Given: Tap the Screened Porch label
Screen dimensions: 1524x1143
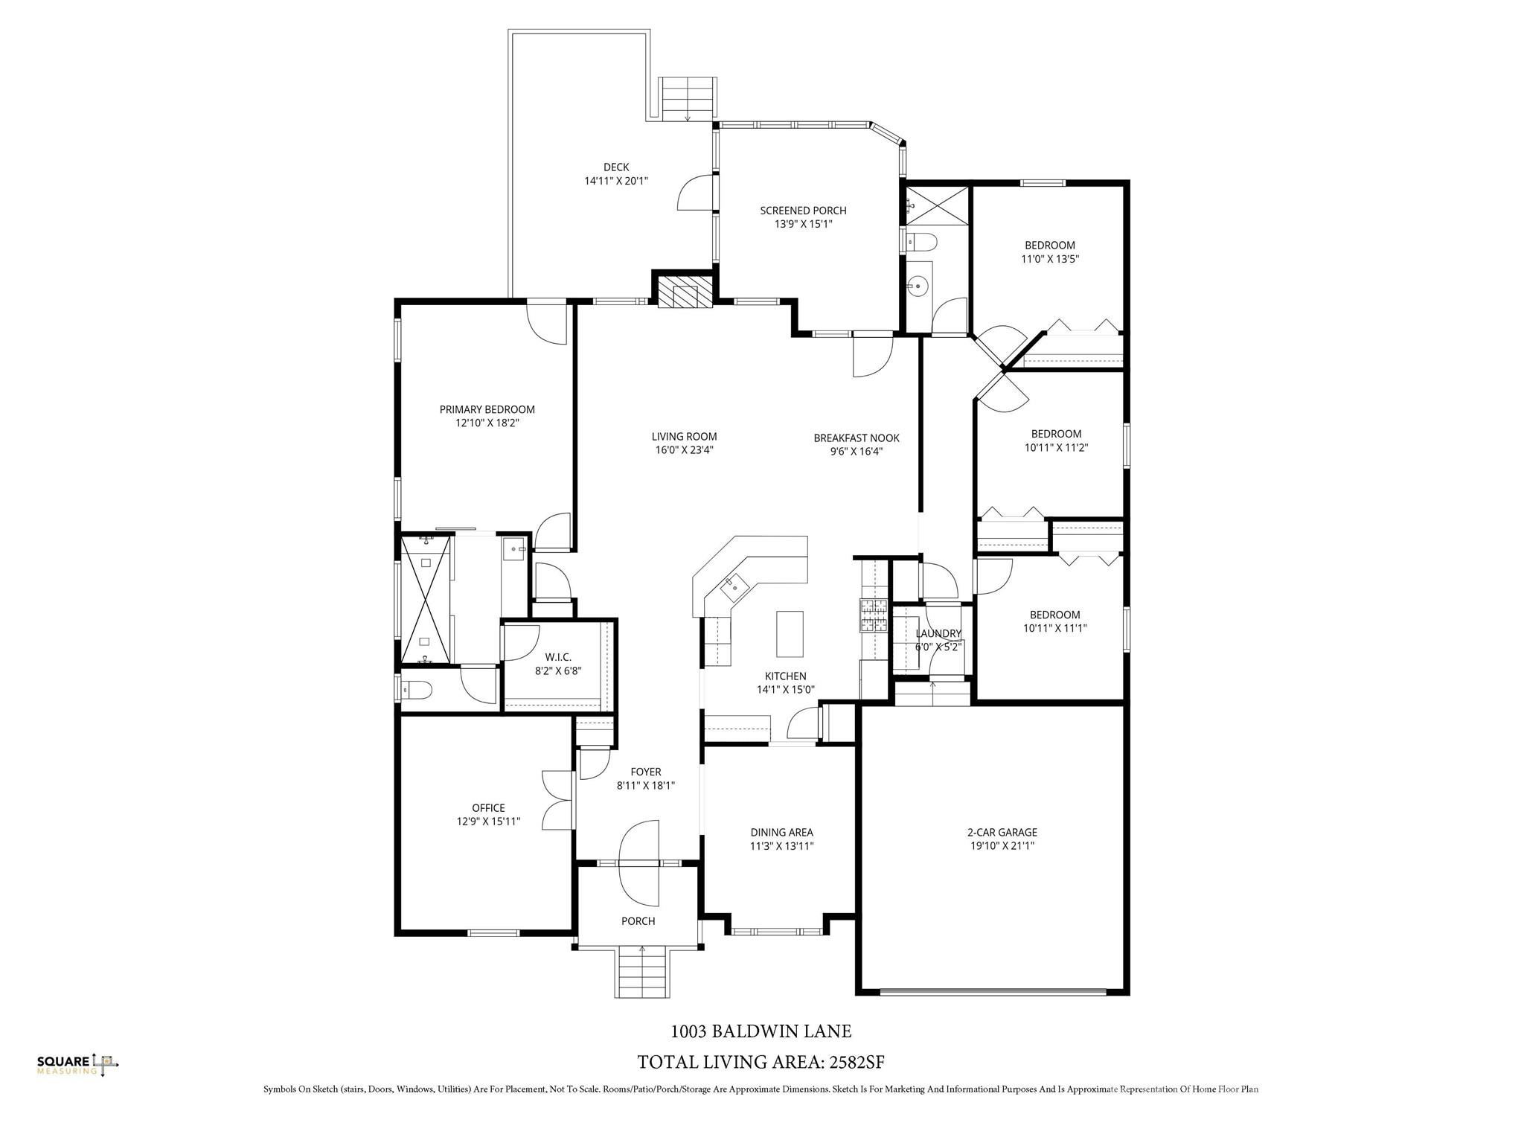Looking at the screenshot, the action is (x=803, y=211).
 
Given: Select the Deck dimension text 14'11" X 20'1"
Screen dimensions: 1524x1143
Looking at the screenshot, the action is (x=616, y=181).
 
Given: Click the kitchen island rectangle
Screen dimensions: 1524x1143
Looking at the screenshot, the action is (x=790, y=633).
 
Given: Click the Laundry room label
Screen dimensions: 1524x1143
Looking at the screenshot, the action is (x=938, y=633).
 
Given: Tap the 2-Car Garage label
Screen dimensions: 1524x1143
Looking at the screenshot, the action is (x=1002, y=833).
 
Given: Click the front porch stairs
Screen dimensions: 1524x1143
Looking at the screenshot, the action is (x=642, y=972).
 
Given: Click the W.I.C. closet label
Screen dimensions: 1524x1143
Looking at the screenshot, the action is (x=557, y=657).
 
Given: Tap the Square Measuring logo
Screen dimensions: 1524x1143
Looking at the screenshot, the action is (x=78, y=1065).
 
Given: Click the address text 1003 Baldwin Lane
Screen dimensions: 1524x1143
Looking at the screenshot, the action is (x=761, y=1031).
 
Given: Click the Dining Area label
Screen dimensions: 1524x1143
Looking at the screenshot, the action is (x=781, y=833).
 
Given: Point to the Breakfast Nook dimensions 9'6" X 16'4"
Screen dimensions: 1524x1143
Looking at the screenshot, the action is (x=857, y=452).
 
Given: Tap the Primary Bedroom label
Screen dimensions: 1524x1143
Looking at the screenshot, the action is (x=487, y=409).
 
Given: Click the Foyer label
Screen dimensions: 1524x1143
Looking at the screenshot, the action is (x=646, y=772).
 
